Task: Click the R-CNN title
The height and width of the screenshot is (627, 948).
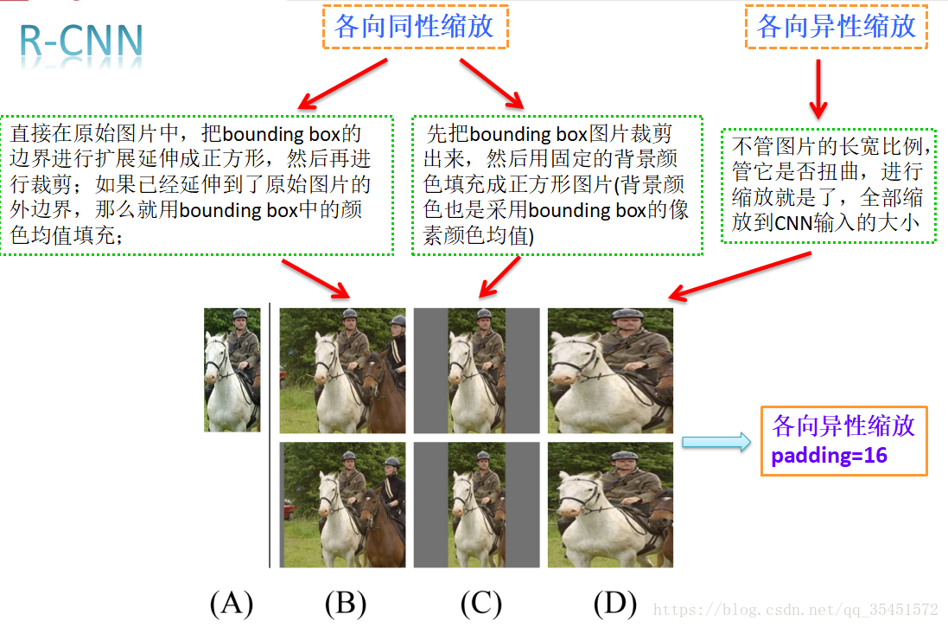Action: coord(82,43)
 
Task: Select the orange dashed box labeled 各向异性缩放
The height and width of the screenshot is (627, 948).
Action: coord(836,27)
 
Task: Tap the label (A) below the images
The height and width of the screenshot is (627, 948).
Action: coord(231,604)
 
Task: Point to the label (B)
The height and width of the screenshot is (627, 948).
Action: coord(346,604)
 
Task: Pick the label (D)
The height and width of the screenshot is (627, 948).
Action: coord(614,604)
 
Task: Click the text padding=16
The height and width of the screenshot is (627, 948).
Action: coord(829,456)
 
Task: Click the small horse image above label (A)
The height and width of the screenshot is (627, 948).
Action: coord(232,370)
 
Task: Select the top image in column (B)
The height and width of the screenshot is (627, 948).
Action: coord(342,370)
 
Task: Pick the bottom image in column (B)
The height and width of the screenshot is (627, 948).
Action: coord(342,505)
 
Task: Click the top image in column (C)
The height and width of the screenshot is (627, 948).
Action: coord(476,370)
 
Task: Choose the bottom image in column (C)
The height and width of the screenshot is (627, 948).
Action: coord(476,505)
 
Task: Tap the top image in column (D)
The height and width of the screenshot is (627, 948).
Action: coord(610,370)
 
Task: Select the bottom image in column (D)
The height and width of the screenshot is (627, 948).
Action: coord(610,505)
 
